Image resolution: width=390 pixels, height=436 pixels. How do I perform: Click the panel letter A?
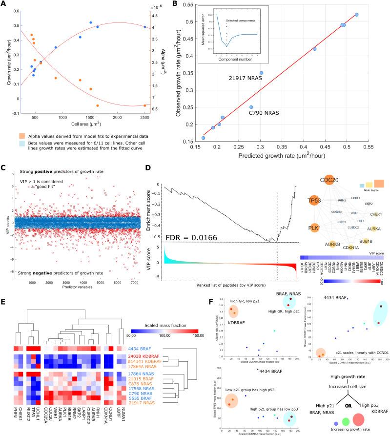click(4, 4)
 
